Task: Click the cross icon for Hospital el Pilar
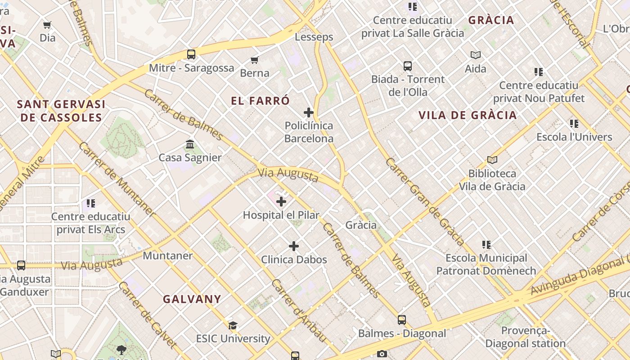tap(281, 202)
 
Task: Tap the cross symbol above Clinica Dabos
tap(294, 246)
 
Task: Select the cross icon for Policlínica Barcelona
tap(309, 112)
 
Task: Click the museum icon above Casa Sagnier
tap(190, 145)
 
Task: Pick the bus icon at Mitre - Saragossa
tap(191, 55)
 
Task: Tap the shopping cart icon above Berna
tap(255, 60)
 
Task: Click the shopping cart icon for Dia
tap(47, 25)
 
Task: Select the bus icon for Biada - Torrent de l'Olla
tap(408, 66)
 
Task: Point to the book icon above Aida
tap(476, 55)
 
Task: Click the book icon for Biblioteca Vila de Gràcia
tap(492, 160)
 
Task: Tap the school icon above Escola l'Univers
tap(574, 124)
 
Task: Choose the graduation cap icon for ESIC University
tap(233, 325)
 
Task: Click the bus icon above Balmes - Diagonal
tap(402, 320)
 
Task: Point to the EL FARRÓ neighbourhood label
tap(261, 101)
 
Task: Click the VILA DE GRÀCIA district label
tap(468, 115)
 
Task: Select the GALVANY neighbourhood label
tap(192, 299)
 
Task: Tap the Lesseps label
tap(314, 37)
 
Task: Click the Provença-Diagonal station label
tap(525, 337)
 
